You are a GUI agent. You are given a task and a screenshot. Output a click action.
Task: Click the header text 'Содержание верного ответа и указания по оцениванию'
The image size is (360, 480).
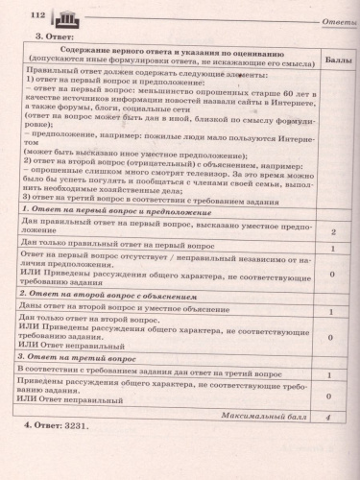pyautogui.click(x=164, y=51)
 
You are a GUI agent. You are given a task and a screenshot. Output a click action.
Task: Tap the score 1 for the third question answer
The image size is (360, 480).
pyautogui.click(x=331, y=371)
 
